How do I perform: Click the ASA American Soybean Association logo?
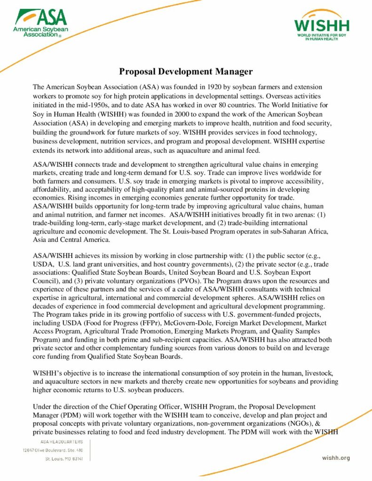click(x=41, y=23)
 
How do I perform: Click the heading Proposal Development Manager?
click(x=186, y=72)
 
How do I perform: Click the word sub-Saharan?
click(x=282, y=232)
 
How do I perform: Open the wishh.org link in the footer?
click(x=336, y=458)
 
